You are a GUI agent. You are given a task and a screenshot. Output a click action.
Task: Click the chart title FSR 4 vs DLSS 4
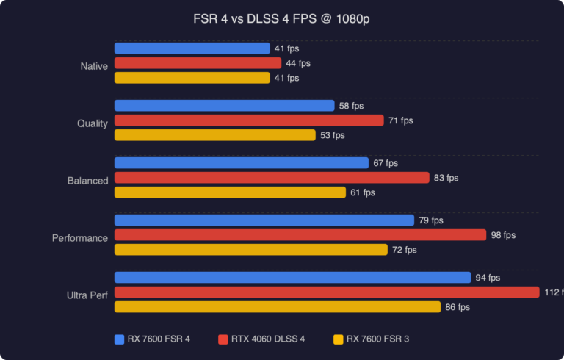(281, 18)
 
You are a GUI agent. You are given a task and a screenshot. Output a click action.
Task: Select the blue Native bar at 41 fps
(192, 48)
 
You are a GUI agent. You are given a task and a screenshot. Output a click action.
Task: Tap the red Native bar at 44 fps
(198, 63)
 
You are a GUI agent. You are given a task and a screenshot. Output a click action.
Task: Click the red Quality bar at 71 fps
(249, 120)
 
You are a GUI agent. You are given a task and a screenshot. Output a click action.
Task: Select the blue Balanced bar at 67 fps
(242, 163)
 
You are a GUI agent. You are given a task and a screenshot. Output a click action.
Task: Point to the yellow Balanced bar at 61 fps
(230, 192)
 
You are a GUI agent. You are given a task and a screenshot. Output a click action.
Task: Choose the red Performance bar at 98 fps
(300, 235)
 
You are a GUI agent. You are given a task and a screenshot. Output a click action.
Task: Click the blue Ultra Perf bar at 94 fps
(292, 278)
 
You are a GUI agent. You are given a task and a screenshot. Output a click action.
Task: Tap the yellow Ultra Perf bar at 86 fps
(278, 307)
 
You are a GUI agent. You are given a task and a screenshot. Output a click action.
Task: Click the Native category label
(94, 66)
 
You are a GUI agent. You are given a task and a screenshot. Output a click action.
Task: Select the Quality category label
(93, 123)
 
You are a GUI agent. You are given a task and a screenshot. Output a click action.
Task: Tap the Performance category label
(80, 238)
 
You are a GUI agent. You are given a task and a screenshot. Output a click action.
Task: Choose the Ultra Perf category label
(87, 295)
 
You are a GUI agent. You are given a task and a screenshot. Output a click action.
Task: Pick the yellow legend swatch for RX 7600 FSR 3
(338, 339)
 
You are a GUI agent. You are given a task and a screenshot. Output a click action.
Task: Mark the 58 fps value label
(351, 106)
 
